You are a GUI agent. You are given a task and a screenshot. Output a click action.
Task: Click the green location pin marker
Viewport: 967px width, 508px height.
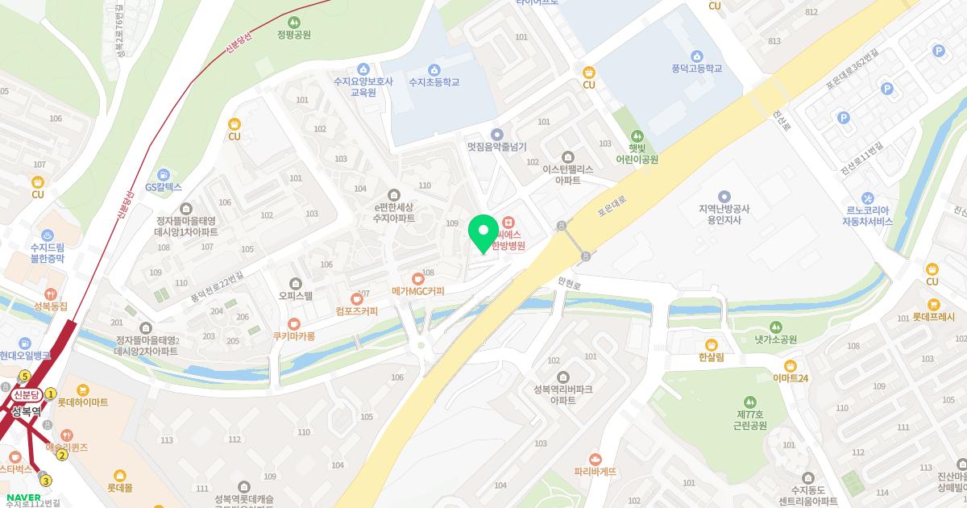click(483, 233)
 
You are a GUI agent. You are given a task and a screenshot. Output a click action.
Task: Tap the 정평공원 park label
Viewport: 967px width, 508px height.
click(293, 35)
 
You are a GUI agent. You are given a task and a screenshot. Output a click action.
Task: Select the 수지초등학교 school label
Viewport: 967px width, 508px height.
click(434, 81)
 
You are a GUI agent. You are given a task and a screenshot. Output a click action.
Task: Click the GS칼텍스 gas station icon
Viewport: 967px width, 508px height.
click(164, 174)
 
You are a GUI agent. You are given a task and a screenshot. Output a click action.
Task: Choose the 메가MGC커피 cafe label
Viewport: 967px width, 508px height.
click(417, 289)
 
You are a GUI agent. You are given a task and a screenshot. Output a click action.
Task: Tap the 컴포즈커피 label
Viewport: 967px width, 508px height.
click(357, 310)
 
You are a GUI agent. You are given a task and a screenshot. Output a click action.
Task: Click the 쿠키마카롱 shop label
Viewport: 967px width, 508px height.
click(293, 335)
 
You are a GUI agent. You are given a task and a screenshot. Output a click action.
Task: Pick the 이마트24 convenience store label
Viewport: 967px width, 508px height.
click(790, 377)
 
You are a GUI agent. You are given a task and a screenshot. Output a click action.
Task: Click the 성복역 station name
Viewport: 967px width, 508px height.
click(27, 410)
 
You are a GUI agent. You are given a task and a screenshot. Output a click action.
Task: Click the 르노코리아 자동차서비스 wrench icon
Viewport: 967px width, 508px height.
click(867, 198)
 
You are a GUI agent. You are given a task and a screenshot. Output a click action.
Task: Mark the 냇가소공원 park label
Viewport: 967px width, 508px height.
click(775, 339)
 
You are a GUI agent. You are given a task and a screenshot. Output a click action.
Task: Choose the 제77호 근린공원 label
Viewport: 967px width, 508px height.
click(750, 418)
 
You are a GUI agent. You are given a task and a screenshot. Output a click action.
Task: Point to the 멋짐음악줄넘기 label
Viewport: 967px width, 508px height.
click(496, 147)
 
